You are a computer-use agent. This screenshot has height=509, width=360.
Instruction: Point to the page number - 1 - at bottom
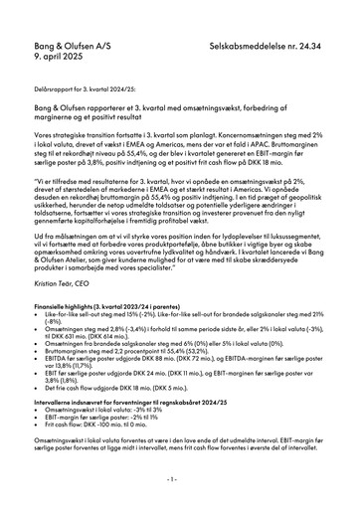coord(179,479)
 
